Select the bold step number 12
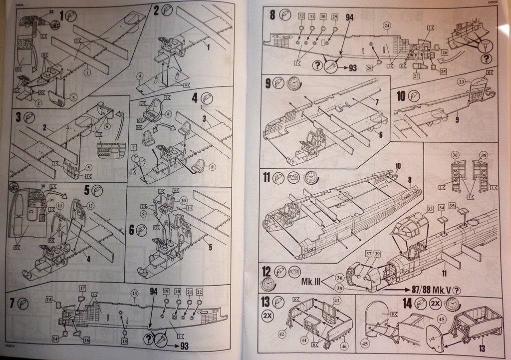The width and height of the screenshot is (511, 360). (x=266, y=271)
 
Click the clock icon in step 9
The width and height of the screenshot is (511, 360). (x=294, y=83)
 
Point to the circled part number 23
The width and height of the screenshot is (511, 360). (x=461, y=81)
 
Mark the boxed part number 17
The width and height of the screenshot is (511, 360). (x=82, y=288)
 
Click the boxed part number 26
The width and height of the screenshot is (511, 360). (x=444, y=51)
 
